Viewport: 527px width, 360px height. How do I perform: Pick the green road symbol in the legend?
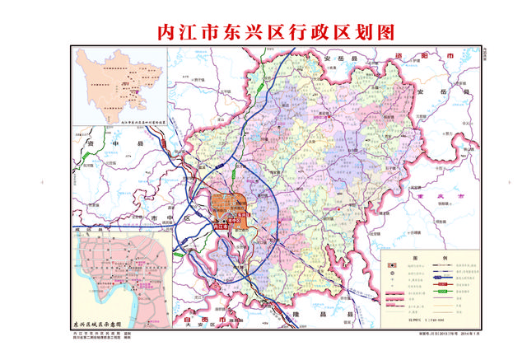(441, 291)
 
